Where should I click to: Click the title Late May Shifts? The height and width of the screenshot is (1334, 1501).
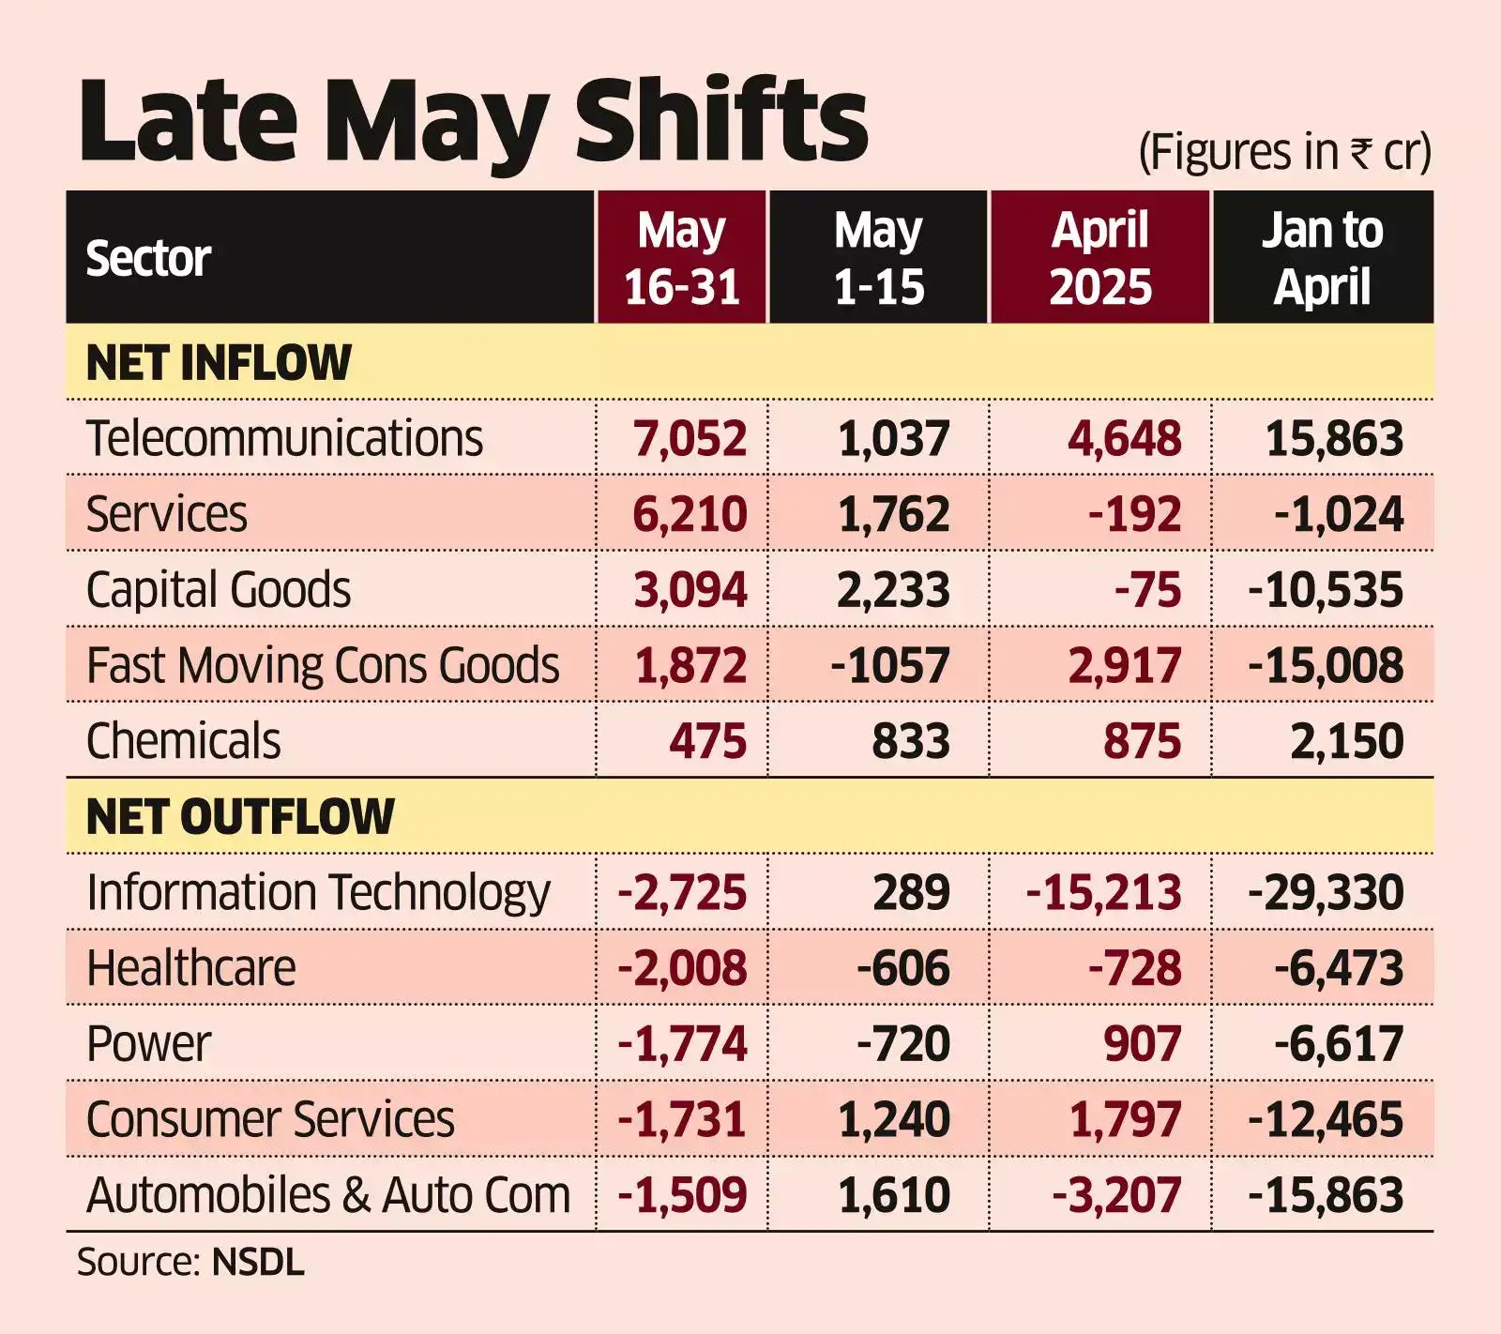click(474, 122)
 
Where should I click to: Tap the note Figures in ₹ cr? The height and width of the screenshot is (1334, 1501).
click(1284, 152)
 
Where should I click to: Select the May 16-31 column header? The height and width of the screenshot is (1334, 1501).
click(682, 258)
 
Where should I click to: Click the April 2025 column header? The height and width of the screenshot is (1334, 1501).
click(1099, 258)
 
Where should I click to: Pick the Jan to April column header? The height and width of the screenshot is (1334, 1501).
click(1322, 258)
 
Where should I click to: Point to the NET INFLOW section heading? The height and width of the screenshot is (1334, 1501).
click(219, 363)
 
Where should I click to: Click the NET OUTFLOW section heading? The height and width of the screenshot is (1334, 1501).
click(240, 816)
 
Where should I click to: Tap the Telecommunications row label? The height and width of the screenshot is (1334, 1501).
click(284, 438)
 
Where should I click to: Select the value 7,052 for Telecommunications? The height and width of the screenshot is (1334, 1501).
click(690, 439)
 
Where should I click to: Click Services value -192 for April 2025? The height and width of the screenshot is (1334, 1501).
click(1134, 514)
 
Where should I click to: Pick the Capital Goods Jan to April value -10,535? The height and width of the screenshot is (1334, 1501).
click(1325, 590)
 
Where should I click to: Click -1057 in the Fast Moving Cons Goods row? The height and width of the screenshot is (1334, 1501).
click(889, 666)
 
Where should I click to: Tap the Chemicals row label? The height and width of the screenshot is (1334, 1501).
click(184, 741)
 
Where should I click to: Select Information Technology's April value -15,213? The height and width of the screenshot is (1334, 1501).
click(1103, 892)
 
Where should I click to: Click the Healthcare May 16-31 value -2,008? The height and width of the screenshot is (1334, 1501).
click(682, 968)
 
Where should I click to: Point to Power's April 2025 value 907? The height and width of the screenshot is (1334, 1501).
click(1142, 1044)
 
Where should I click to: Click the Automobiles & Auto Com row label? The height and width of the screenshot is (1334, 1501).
click(328, 1195)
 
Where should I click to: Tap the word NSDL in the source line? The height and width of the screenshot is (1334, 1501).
click(258, 1263)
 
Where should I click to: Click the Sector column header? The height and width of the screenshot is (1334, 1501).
click(148, 258)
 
